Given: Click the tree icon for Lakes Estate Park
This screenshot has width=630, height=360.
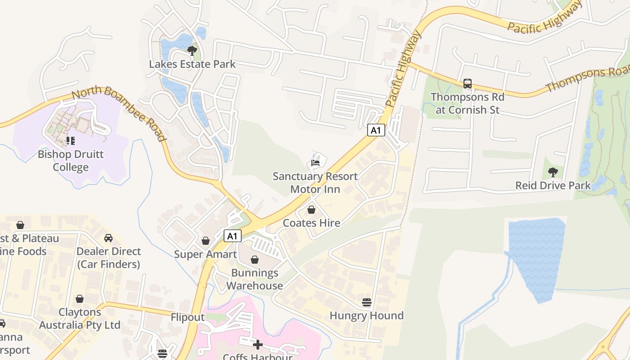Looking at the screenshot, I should click(x=192, y=50).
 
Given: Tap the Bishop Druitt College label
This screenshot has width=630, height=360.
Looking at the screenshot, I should click(x=71, y=161).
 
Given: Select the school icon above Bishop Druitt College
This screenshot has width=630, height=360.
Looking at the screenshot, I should click(x=71, y=141).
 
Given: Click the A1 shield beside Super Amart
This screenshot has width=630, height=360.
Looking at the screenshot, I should click(x=232, y=236).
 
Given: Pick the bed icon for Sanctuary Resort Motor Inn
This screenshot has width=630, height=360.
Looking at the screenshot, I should click(x=315, y=162).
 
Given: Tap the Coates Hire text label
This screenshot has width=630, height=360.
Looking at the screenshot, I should click(x=311, y=223).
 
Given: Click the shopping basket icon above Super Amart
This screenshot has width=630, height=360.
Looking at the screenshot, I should click(x=206, y=241).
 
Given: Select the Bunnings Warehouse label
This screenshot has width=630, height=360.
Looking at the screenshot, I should click(x=255, y=279).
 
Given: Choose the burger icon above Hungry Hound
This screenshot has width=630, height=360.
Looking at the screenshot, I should click(x=367, y=302).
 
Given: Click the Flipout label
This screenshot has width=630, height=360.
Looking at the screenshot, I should click(x=188, y=317).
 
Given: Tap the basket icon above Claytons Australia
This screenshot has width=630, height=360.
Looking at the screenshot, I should click(x=80, y=299).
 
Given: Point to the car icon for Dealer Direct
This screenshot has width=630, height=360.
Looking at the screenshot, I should click(x=108, y=238).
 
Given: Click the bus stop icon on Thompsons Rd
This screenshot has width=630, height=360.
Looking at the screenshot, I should click(x=468, y=84).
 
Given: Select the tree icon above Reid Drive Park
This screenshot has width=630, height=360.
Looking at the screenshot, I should click(x=553, y=172).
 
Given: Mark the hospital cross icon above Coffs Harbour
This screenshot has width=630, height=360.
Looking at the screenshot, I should click(x=258, y=345).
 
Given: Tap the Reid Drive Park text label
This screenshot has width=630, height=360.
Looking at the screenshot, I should click(x=553, y=185).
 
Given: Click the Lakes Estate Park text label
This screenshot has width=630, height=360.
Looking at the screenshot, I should click(x=192, y=64).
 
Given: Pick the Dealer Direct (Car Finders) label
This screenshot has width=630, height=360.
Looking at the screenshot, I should click(x=108, y=257).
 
